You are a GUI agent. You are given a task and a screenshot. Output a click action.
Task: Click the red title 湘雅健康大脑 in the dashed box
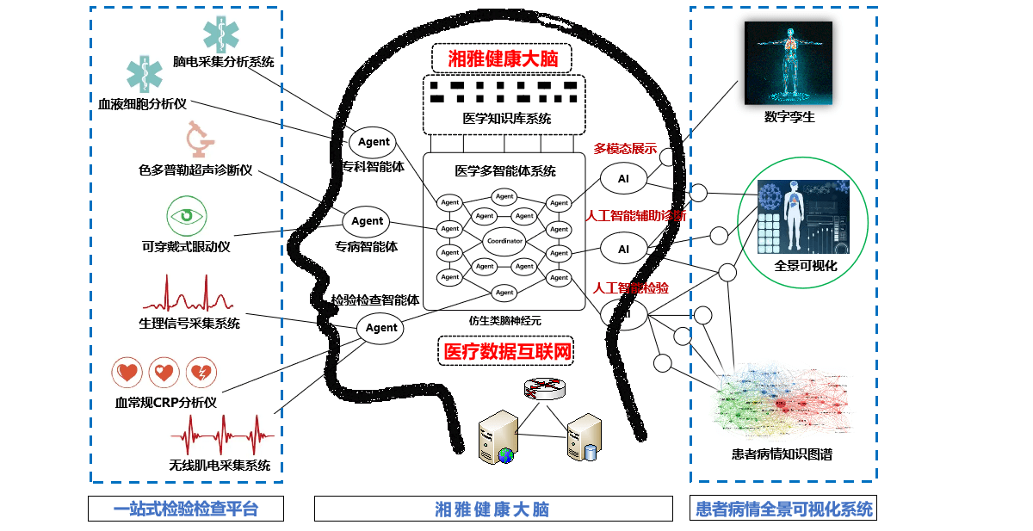tap(501, 59)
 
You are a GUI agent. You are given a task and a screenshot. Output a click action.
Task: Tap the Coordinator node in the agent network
tap(504, 241)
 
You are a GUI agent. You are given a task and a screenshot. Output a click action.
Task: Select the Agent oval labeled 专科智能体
tap(374, 142)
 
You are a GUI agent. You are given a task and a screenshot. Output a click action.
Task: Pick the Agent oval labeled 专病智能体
tap(367, 221)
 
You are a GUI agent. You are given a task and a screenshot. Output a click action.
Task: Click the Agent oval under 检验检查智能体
tap(381, 328)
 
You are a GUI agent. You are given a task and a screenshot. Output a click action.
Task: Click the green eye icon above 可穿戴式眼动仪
tap(186, 217)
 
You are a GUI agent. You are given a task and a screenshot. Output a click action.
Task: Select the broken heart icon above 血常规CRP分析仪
tap(201, 373)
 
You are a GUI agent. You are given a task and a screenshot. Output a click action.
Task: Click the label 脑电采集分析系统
tap(223, 62)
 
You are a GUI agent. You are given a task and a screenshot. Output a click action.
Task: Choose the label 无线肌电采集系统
tap(220, 466)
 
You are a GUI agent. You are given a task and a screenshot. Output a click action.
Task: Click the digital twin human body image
tap(788, 63)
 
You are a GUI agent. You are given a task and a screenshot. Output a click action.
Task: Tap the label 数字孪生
tap(789, 117)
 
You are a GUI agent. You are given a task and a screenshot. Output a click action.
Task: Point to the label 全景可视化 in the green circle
tap(805, 265)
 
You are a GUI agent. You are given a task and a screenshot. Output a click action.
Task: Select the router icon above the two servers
tap(546, 390)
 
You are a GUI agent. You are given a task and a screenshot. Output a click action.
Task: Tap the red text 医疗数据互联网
tap(505, 351)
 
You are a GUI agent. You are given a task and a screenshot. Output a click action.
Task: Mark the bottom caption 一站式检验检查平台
tap(186, 509)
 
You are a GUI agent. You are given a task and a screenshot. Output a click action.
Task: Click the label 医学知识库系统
tap(506, 119)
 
